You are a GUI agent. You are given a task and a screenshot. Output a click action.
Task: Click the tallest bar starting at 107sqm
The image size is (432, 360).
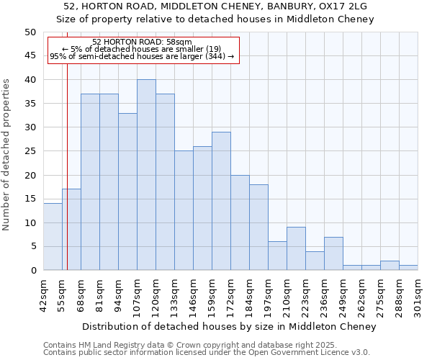click(146, 175)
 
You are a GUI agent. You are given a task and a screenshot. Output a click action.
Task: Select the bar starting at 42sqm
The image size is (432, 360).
click(53, 237)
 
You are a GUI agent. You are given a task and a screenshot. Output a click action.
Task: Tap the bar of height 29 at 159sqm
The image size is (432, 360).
click(221, 201)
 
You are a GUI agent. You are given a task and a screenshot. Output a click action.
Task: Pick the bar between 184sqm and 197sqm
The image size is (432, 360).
click(258, 228)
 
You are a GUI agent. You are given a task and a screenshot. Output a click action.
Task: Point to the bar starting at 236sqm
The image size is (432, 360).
click(333, 253)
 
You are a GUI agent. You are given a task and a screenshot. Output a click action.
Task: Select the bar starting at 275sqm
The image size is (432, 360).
click(390, 266)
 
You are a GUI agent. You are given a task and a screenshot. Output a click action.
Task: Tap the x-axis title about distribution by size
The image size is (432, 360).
click(229, 327)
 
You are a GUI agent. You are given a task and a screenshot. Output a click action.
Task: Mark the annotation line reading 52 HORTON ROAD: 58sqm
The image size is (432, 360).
click(143, 42)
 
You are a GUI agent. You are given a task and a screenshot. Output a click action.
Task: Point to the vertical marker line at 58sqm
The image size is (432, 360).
click(67, 158)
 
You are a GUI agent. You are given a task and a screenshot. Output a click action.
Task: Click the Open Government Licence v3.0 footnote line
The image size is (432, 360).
click(207, 352)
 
